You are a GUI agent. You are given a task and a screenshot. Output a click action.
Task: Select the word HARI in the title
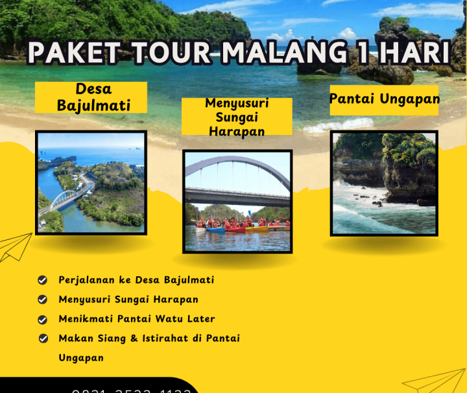point(413,54)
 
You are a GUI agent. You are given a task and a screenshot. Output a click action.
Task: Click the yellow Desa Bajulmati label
point(91,97)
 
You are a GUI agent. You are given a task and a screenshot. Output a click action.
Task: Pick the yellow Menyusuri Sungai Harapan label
point(236,117)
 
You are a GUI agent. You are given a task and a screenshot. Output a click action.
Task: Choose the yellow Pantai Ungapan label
point(384,99)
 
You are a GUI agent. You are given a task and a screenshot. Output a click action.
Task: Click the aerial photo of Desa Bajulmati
point(91,182)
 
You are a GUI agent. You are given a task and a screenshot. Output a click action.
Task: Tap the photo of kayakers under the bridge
point(237,201)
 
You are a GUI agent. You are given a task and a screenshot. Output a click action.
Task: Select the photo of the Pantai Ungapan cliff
point(384,183)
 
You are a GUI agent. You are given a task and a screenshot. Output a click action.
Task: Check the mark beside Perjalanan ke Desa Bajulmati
point(43,280)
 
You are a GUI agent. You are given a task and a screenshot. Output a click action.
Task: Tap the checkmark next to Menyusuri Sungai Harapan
point(43,300)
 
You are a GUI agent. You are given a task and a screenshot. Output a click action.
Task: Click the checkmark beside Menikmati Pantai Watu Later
point(43,319)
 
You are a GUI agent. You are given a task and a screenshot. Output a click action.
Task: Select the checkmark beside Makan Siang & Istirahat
point(43,339)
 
